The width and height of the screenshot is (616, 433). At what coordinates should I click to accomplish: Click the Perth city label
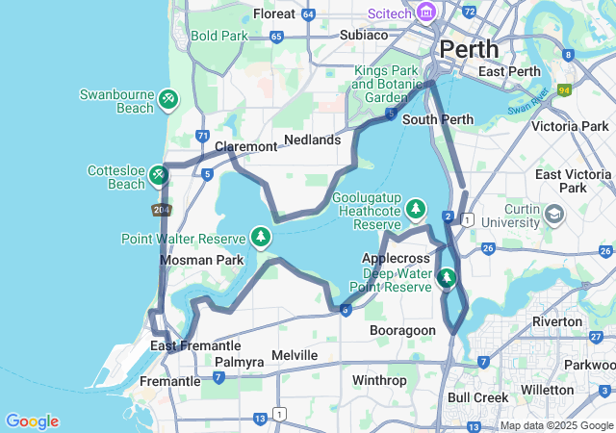[x=469, y=48]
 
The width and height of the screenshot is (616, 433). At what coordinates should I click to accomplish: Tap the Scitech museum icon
[x=425, y=13]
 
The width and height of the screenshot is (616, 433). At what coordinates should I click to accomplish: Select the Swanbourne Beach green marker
[x=168, y=97]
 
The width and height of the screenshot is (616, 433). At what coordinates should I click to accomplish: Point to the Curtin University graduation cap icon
[x=555, y=213]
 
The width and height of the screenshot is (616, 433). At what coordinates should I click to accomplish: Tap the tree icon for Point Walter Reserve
[x=260, y=236]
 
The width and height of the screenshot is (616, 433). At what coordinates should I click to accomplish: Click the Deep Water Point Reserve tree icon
[x=446, y=279]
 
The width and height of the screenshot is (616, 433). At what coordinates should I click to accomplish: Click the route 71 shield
[x=202, y=137]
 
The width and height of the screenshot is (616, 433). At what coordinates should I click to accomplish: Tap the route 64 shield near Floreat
[x=308, y=14]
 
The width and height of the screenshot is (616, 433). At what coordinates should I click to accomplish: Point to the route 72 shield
[x=469, y=12]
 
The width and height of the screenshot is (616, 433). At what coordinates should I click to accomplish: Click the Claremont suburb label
[x=245, y=146]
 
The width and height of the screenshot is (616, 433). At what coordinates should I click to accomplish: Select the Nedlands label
[x=313, y=140]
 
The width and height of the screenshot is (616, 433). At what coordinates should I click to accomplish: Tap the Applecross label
[x=394, y=259]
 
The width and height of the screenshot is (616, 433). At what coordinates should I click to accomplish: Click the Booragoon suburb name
[x=404, y=330]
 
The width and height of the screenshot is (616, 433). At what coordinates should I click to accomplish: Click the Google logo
[x=32, y=421]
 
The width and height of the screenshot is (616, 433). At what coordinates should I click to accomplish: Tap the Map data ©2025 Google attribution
[x=556, y=425]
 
